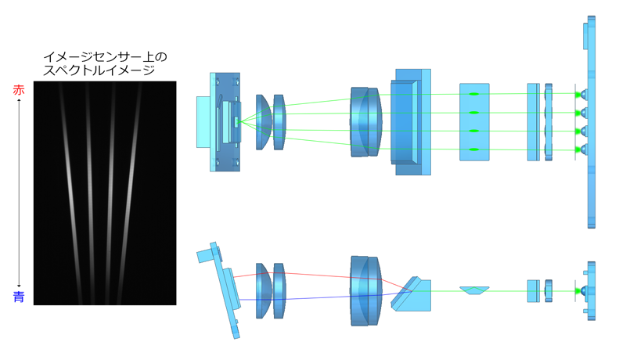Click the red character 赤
tap(19, 90)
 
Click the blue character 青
tap(19, 297)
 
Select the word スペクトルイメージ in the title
tap(99, 70)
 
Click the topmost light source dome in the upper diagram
tap(584, 95)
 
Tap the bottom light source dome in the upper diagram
tap(584, 150)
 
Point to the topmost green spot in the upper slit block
tap(474, 94)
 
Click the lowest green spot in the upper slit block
tap(474, 149)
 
